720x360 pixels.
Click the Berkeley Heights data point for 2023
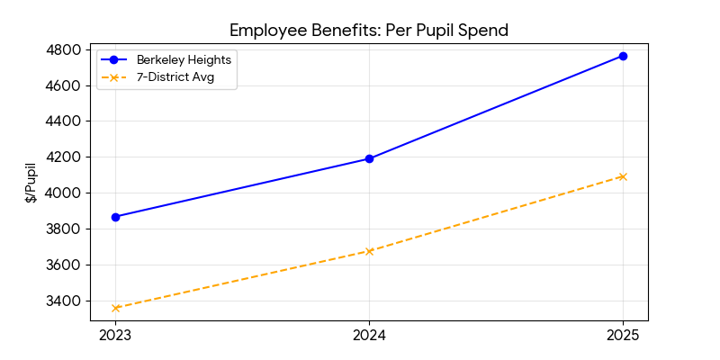tap(115, 217)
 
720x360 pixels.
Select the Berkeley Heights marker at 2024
tap(369, 158)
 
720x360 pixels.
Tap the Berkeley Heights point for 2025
tap(623, 56)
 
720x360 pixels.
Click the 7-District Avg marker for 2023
tap(115, 308)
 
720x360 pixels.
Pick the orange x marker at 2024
tap(369, 251)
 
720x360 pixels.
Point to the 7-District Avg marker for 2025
tap(623, 176)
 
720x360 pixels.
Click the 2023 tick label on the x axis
tap(115, 336)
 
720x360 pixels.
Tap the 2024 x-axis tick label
tap(369, 336)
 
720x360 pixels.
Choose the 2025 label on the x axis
tap(623, 336)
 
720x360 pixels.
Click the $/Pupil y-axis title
tap(31, 183)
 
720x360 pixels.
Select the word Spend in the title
tap(485, 30)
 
